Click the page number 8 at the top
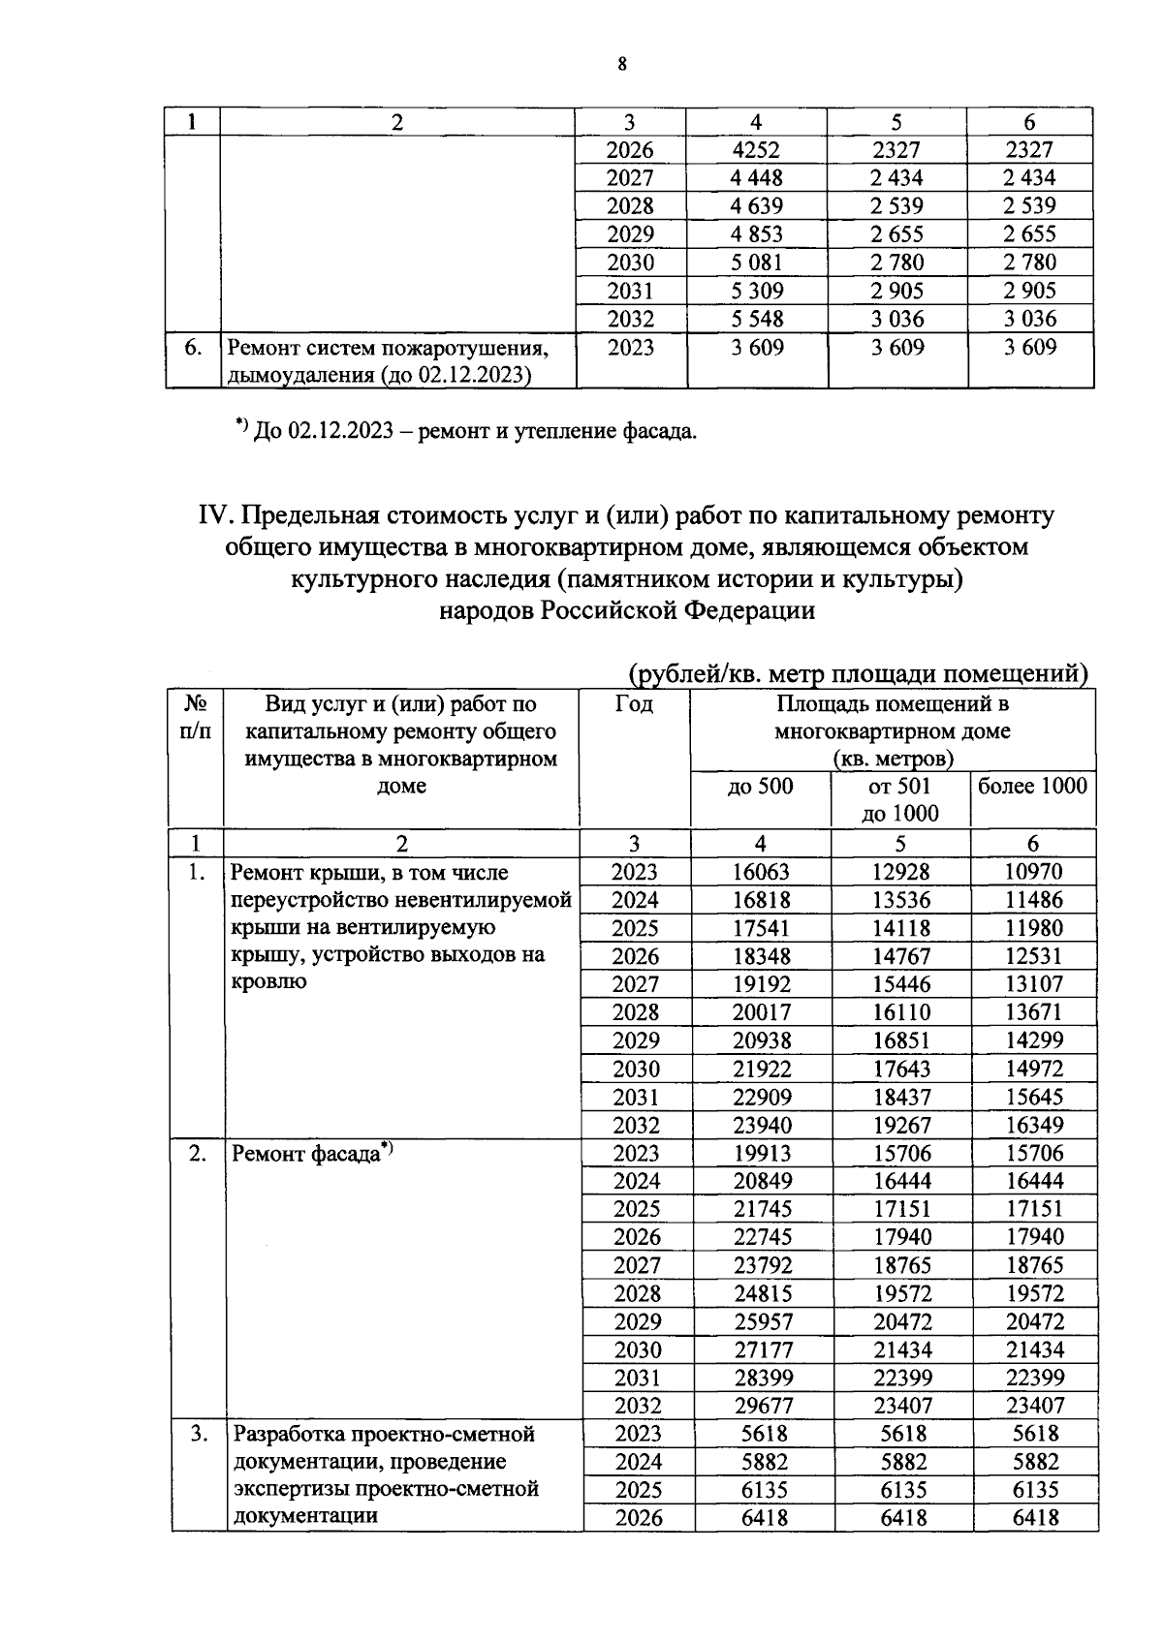[622, 65]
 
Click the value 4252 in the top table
[756, 150]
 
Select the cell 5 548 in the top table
[756, 319]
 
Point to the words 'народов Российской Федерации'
[626, 610]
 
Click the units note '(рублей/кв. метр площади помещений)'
[858, 673]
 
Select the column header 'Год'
[634, 704]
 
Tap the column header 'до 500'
[760, 787]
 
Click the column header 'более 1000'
[1032, 786]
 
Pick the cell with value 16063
[760, 872]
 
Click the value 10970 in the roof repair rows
[1033, 872]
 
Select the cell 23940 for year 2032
[760, 1125]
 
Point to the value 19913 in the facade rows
[762, 1153]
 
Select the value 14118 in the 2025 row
[900, 928]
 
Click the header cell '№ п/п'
[196, 718]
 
